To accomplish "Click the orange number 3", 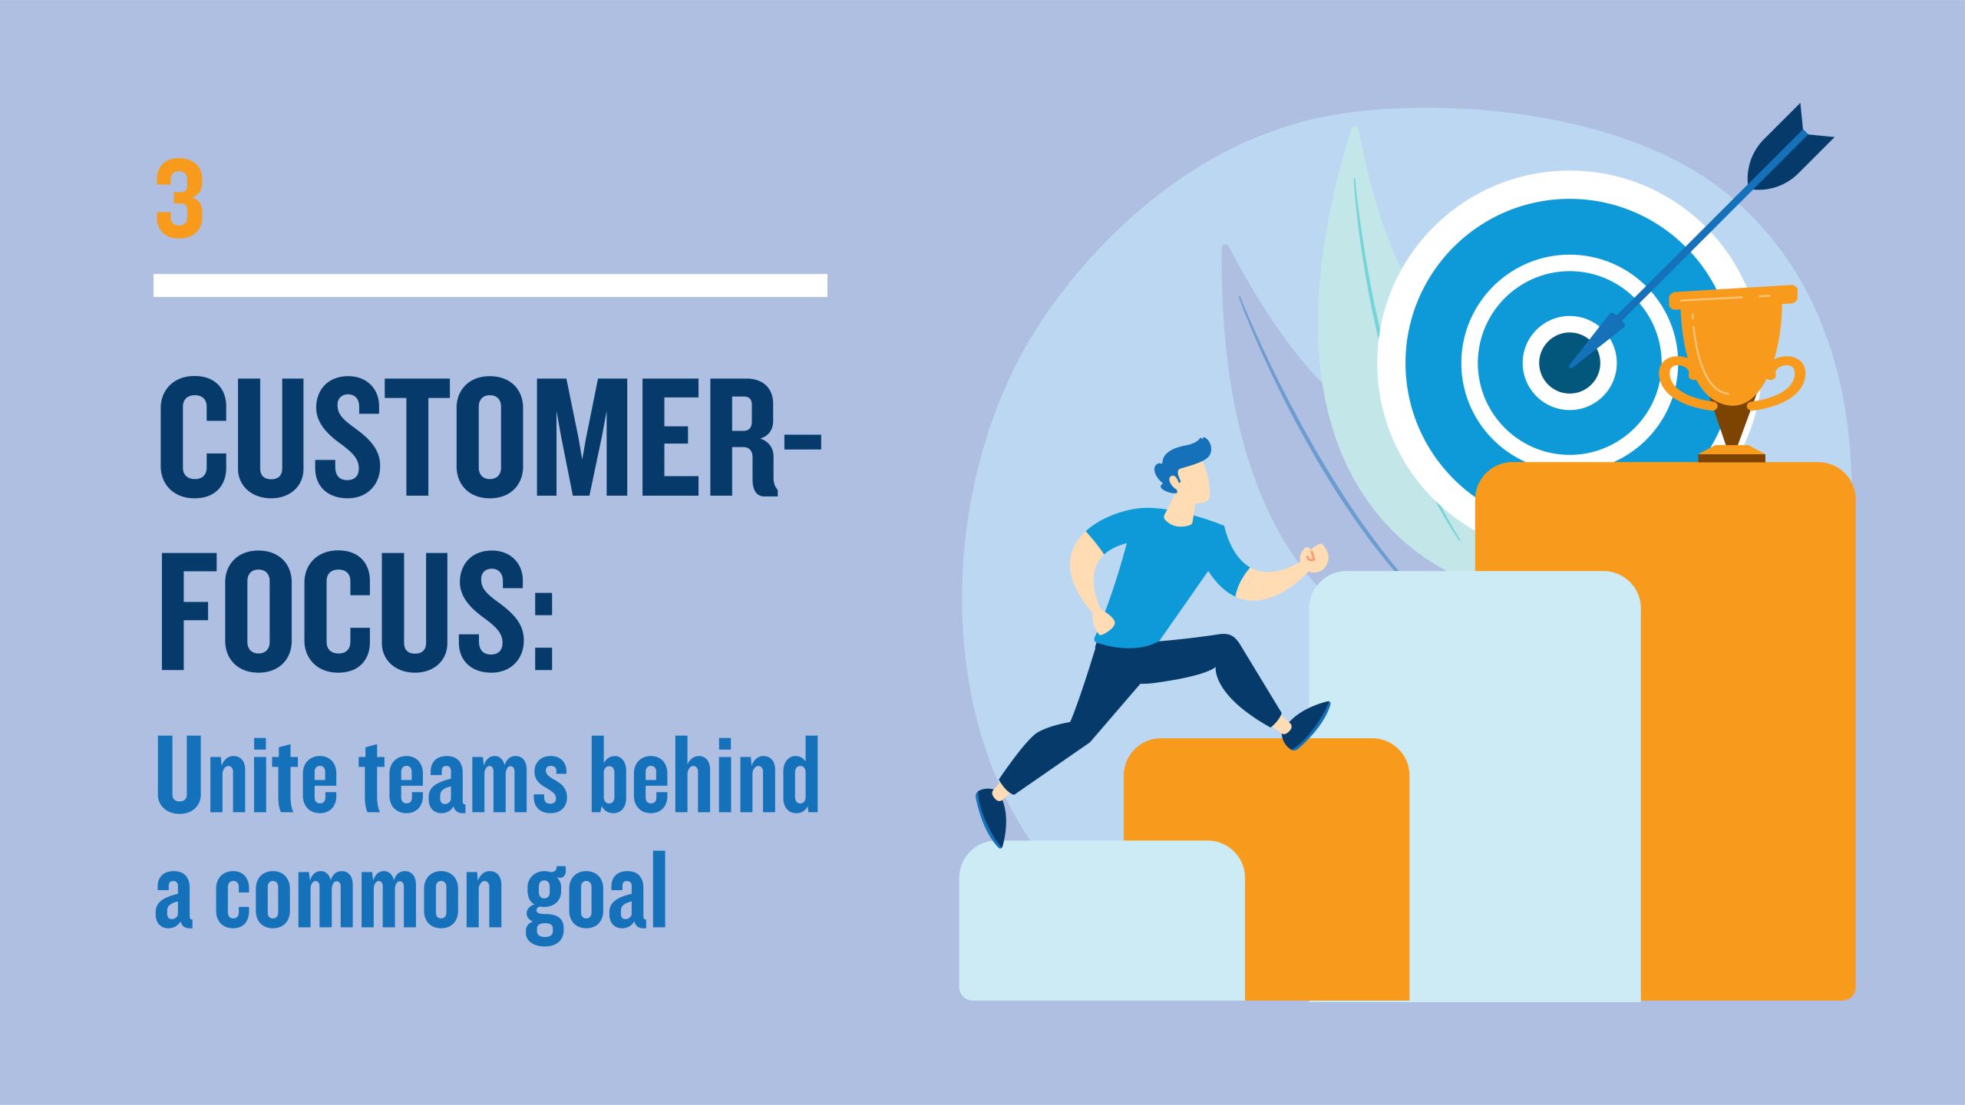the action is [180, 198].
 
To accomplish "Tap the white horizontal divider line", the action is [490, 285].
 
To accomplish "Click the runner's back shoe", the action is [991, 816].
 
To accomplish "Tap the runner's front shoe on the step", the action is [1306, 724].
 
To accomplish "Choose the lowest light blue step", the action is [1102, 921].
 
